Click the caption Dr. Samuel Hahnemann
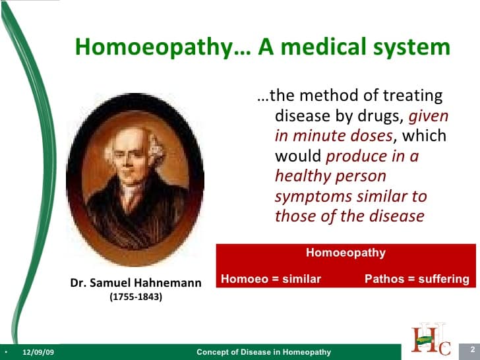[x=136, y=283]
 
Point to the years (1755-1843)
[x=136, y=297]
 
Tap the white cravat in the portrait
[x=131, y=196]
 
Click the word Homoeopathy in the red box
[x=345, y=253]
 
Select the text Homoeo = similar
[x=271, y=279]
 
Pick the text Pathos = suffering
[x=417, y=279]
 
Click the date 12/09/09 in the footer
[x=38, y=352]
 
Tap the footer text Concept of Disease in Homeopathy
[x=264, y=352]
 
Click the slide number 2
[x=473, y=349]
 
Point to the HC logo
[x=431, y=339]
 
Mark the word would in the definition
[x=298, y=156]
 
